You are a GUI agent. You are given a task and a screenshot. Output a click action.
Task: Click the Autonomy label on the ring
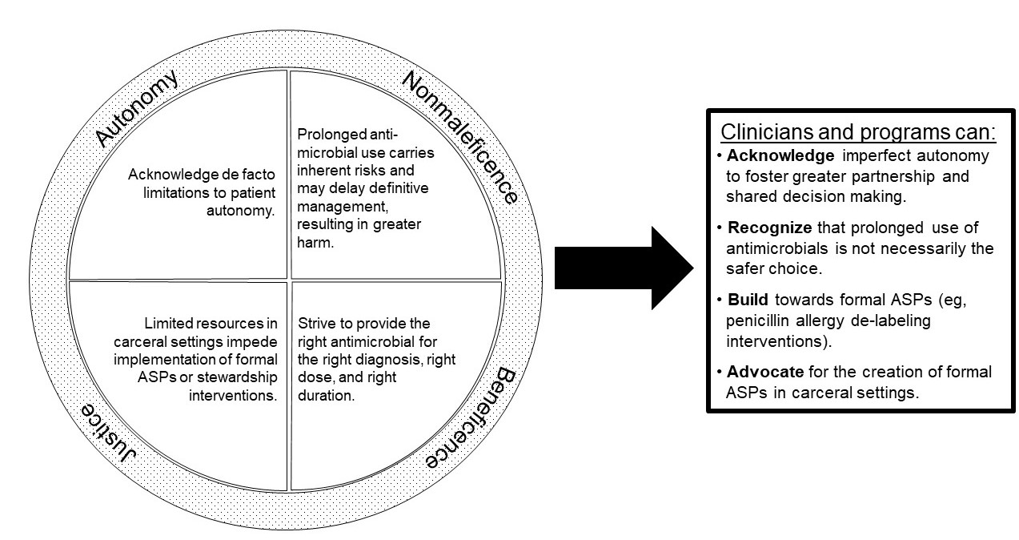coord(136,108)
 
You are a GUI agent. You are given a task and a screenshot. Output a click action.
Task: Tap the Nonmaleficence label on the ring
coord(460,136)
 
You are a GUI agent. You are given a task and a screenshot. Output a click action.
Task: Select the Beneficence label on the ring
coord(471,417)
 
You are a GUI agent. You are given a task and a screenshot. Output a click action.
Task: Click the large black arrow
coord(624,268)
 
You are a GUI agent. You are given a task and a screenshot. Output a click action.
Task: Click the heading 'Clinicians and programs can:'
coord(858,132)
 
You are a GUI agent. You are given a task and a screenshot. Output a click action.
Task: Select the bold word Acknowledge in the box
coord(780,155)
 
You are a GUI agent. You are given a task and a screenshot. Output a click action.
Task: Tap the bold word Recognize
coord(770,228)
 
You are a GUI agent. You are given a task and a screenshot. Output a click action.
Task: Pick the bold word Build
coord(748,300)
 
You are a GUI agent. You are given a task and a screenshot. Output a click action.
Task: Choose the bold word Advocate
coord(765,372)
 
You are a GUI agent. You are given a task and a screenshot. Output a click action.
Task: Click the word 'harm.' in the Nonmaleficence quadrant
coord(315,242)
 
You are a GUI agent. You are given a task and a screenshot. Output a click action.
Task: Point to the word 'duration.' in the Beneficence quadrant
coord(326,395)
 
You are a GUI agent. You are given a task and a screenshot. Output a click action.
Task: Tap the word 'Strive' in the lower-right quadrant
coord(317,323)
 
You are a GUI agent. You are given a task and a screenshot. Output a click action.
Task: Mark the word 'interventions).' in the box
coord(779,341)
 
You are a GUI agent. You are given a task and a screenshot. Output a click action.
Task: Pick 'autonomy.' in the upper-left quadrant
coord(241,211)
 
